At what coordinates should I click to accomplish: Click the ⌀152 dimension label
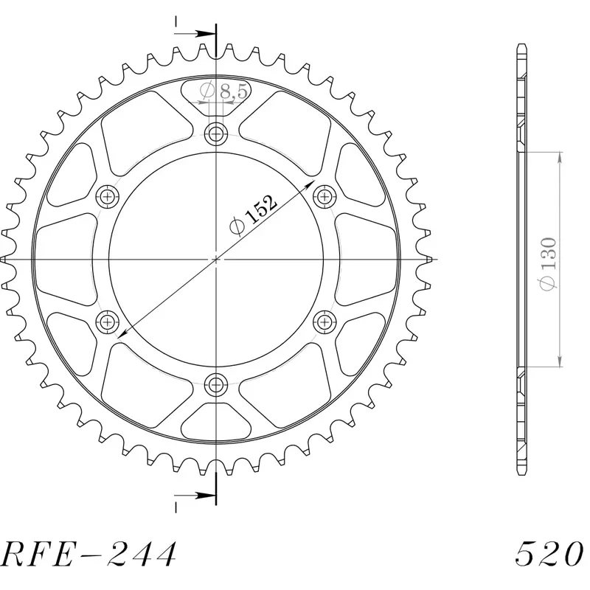tap(253, 215)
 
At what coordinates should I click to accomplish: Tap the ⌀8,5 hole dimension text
tap(223, 91)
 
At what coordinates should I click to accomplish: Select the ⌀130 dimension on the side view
tap(548, 264)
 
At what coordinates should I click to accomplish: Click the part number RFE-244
tap(88, 555)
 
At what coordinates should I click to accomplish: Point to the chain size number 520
tap(549, 554)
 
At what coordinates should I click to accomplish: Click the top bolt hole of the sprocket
tap(216, 133)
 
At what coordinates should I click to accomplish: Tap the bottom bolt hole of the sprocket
tap(216, 384)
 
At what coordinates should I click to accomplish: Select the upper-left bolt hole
tap(107, 196)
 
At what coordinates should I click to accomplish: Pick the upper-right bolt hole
tap(324, 196)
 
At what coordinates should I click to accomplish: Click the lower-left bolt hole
tap(107, 322)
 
